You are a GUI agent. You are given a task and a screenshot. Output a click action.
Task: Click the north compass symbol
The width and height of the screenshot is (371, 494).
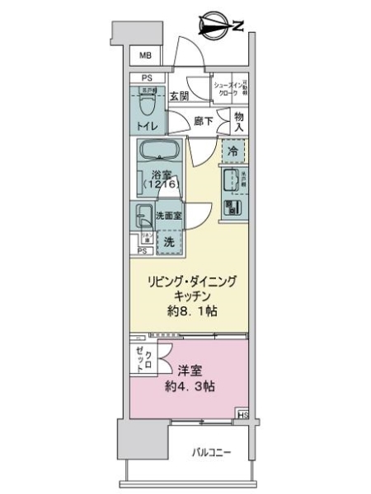click(x=217, y=26)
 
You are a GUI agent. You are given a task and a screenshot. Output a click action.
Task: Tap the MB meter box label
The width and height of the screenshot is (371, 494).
click(x=145, y=56)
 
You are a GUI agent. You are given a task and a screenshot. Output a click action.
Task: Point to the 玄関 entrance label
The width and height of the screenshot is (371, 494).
click(x=179, y=96)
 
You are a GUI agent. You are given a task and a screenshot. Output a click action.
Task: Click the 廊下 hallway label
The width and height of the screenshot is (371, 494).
click(x=203, y=121)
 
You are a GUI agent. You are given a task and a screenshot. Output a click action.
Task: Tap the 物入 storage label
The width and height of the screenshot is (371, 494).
click(x=238, y=120)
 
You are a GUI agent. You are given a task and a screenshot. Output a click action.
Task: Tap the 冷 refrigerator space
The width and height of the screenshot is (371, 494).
click(x=233, y=152)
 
